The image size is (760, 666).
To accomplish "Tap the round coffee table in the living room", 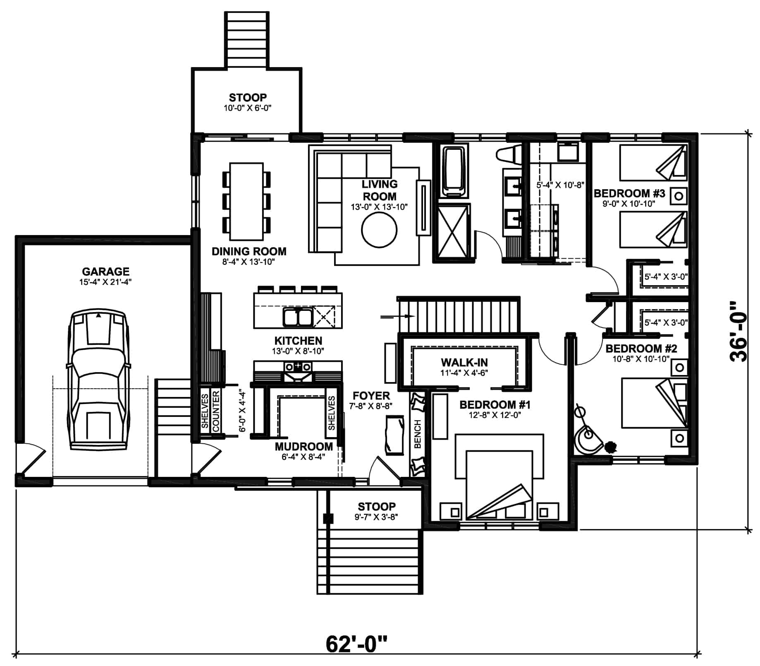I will point(379,231).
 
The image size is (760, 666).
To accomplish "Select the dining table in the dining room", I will point(246,201).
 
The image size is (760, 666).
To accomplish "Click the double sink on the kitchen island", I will point(297,317).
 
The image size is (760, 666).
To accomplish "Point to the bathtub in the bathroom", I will point(455,172).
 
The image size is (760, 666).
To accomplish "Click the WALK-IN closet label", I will point(464,363).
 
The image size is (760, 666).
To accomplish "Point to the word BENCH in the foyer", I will point(418,434).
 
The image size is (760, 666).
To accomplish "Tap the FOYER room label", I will point(371,396).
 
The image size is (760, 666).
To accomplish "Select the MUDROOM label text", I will point(304,447).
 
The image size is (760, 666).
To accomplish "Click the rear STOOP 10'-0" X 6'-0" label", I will point(247,102).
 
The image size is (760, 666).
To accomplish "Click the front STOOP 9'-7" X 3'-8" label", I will point(376,511).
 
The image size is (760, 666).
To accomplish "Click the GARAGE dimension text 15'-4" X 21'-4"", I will point(106,282).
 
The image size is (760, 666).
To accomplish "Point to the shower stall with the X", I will point(453,233).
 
